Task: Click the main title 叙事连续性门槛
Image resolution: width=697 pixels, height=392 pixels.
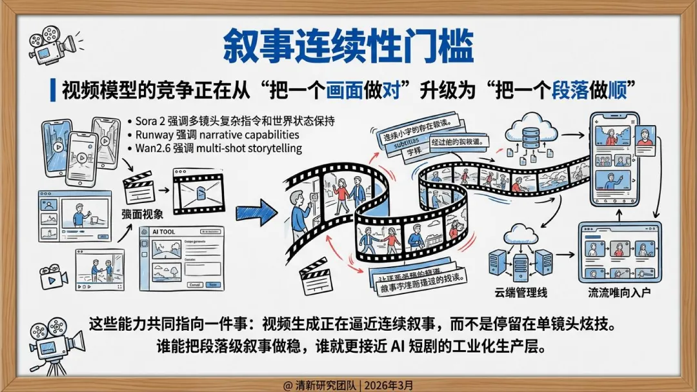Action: (x=348, y=44)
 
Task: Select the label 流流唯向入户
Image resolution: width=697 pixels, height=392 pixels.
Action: (x=619, y=293)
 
